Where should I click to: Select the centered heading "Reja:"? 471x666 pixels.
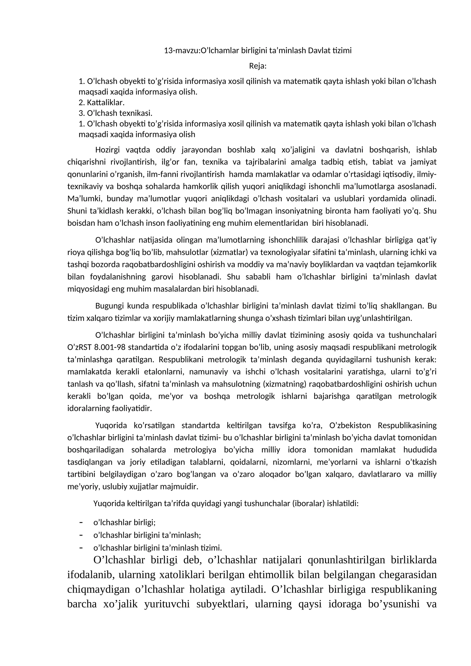click(258, 66)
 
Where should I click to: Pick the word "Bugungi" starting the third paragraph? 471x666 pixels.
click(109, 306)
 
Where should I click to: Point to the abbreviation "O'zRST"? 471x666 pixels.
click(79, 347)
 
